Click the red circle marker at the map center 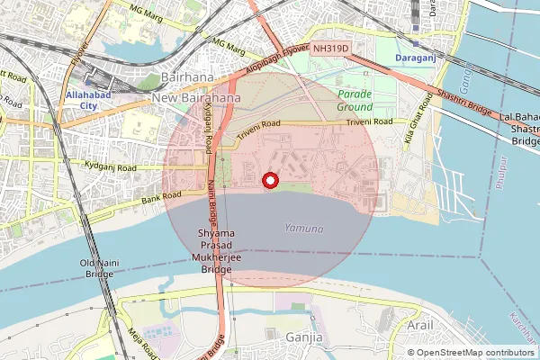coord(268,181)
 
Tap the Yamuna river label coord(303,229)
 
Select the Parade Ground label coord(355,100)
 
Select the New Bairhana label coord(196,96)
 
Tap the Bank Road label coord(159,194)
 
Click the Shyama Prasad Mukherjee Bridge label coord(215,251)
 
